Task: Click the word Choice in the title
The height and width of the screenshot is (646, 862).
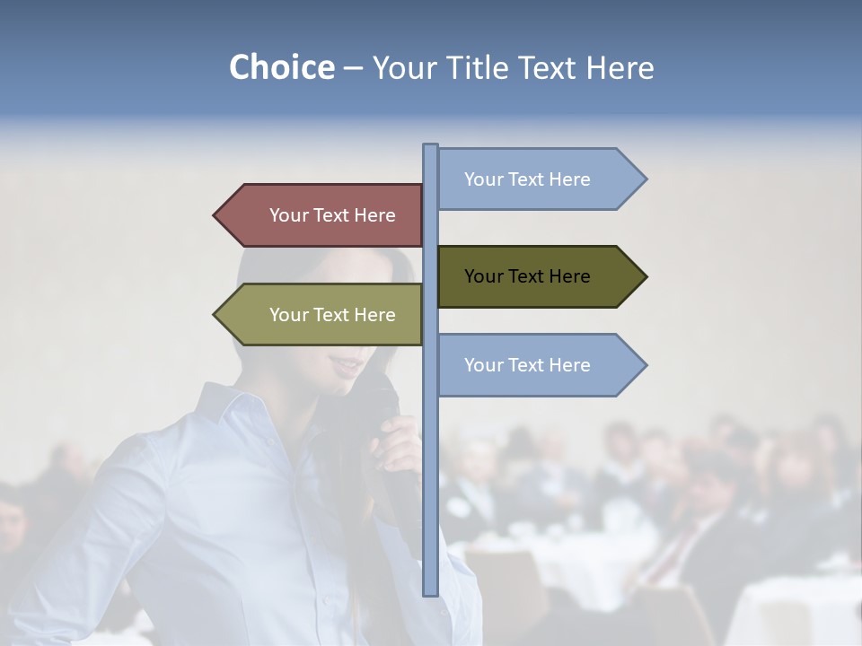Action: pyautogui.click(x=281, y=67)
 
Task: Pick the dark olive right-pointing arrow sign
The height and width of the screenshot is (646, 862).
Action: pyautogui.click(x=539, y=276)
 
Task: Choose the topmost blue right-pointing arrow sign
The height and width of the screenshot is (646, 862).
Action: pyautogui.click(x=539, y=179)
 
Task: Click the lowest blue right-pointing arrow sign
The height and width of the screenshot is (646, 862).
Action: pyautogui.click(x=539, y=365)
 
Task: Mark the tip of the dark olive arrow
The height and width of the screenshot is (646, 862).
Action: pyautogui.click(x=645, y=276)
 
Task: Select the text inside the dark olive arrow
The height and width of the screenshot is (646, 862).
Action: pyautogui.click(x=527, y=276)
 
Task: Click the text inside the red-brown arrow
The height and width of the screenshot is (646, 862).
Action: pyautogui.click(x=332, y=215)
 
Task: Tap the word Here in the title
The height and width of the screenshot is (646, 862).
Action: pyautogui.click(x=620, y=67)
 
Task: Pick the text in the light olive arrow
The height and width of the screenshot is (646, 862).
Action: pyautogui.click(x=332, y=315)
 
